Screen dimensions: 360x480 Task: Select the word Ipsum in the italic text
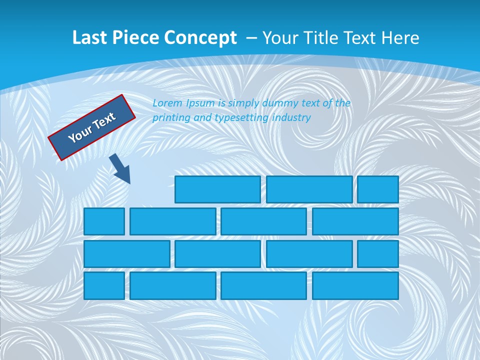pos(199,103)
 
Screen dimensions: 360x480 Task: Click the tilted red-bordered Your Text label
pos(91,127)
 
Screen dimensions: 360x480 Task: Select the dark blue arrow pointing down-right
pos(120,168)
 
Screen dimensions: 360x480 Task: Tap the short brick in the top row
pos(378,189)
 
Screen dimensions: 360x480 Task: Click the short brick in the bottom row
pos(104,285)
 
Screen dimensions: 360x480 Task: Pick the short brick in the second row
pos(104,221)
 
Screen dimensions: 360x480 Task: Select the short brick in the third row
pos(378,253)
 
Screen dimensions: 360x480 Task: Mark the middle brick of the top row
pos(309,189)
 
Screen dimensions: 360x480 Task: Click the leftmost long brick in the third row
pos(126,253)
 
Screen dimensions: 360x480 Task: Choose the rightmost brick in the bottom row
pos(355,285)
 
